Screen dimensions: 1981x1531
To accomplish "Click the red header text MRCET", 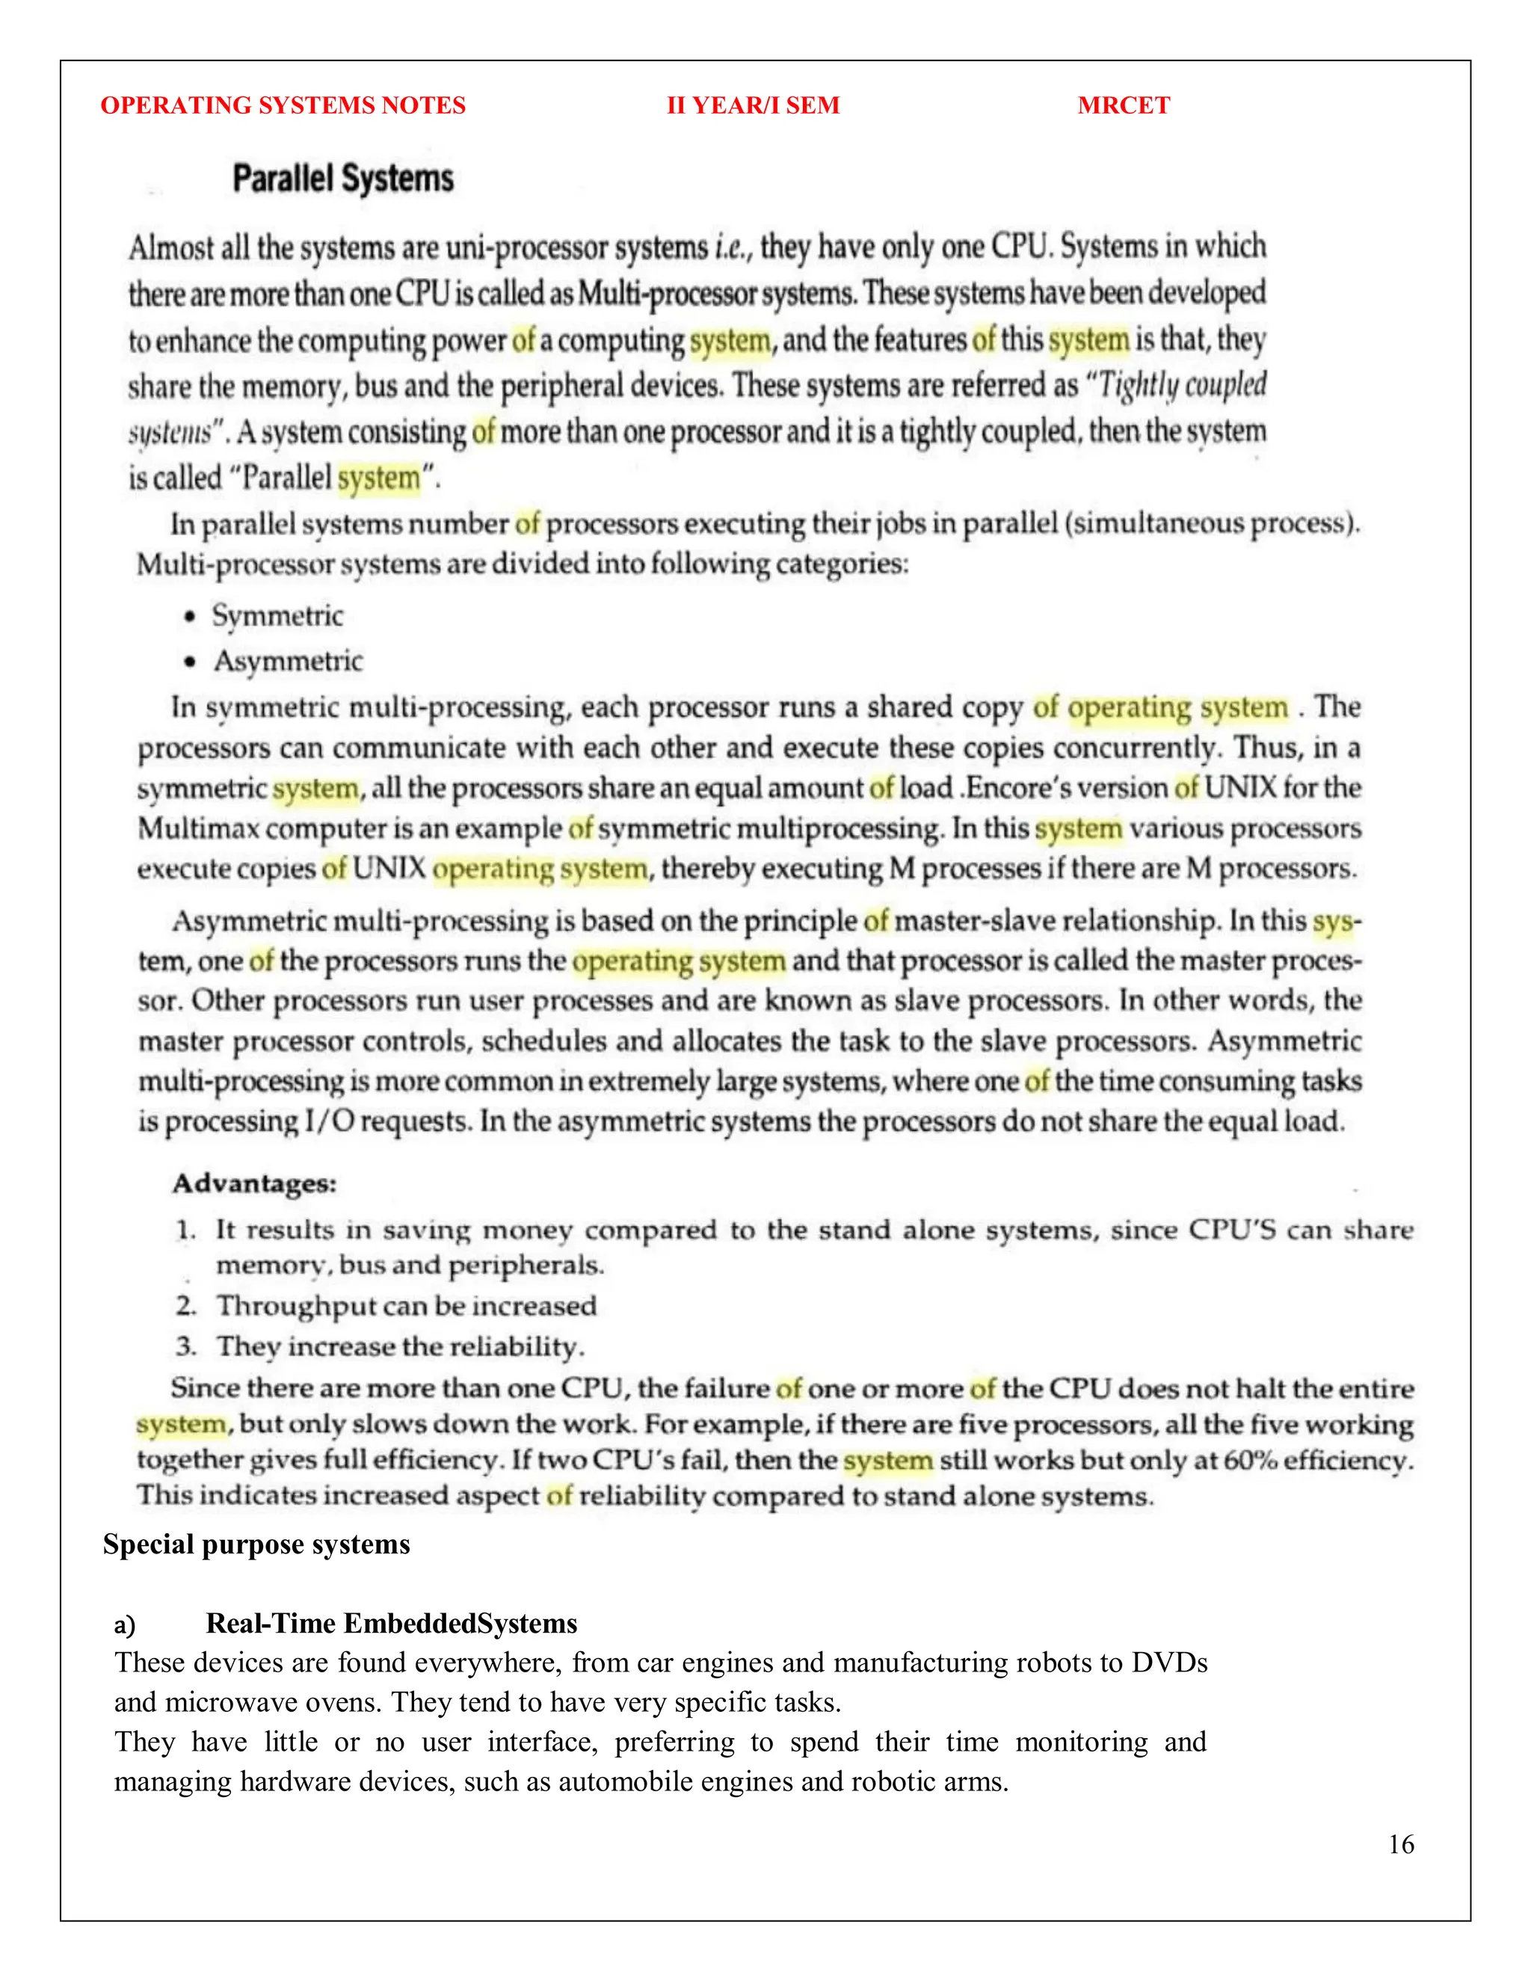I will pos(1123,105).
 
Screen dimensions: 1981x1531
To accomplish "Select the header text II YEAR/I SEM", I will pos(753,105).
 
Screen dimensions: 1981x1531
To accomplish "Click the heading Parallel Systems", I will pos(343,179).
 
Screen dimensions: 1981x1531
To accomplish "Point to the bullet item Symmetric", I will pos(277,616).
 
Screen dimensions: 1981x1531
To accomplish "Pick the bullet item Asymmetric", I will pos(289,662).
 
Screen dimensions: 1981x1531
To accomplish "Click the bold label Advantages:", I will pos(254,1183).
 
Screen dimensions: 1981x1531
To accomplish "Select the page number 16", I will pos(1400,1844).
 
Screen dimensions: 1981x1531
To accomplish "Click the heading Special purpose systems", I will pos(256,1544).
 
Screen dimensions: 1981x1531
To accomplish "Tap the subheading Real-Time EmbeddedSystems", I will pos(391,1624).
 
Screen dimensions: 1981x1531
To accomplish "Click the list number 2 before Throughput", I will pos(186,1306).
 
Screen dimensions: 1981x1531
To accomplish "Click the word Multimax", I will pos(197,829).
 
